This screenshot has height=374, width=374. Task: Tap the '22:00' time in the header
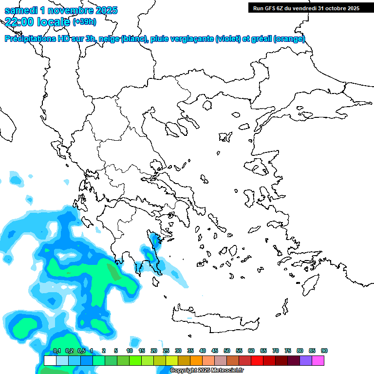(19, 21)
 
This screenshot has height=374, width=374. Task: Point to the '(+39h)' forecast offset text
(84, 22)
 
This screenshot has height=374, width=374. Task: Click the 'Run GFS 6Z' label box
(306, 8)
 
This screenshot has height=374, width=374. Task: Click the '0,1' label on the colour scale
(56, 351)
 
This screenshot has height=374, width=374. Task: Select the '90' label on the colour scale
(324, 351)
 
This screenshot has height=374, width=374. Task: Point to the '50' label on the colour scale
(227, 351)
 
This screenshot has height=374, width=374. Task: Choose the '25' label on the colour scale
(166, 351)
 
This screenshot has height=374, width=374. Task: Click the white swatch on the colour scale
(50, 360)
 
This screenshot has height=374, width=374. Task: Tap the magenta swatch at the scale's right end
(318, 360)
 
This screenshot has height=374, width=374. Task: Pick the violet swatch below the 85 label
(306, 360)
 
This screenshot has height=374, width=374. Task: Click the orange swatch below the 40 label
(196, 360)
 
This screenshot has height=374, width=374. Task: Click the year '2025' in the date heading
(103, 10)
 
